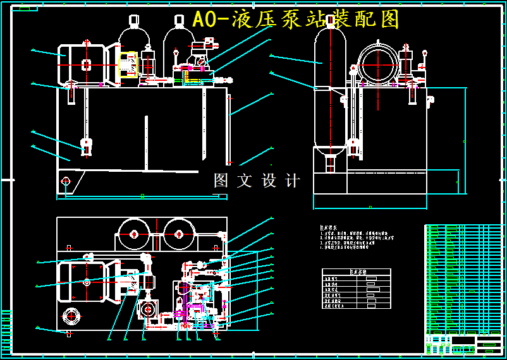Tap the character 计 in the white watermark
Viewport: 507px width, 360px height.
point(293,181)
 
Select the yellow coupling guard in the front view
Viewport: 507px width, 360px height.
point(128,64)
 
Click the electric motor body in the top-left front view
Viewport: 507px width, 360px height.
point(81,64)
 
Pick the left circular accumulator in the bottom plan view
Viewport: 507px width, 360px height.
point(134,234)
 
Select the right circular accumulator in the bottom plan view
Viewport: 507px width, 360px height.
point(179,234)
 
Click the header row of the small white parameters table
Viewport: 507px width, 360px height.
point(356,272)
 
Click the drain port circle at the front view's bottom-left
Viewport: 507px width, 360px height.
point(66,181)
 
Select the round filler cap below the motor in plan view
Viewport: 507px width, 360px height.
point(71,315)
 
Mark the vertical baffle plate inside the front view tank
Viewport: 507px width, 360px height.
point(146,143)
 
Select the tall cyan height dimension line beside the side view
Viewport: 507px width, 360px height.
point(466,139)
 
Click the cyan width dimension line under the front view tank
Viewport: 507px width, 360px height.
point(142,197)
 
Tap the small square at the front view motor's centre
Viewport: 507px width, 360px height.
point(86,64)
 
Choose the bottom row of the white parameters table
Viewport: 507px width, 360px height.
point(356,306)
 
